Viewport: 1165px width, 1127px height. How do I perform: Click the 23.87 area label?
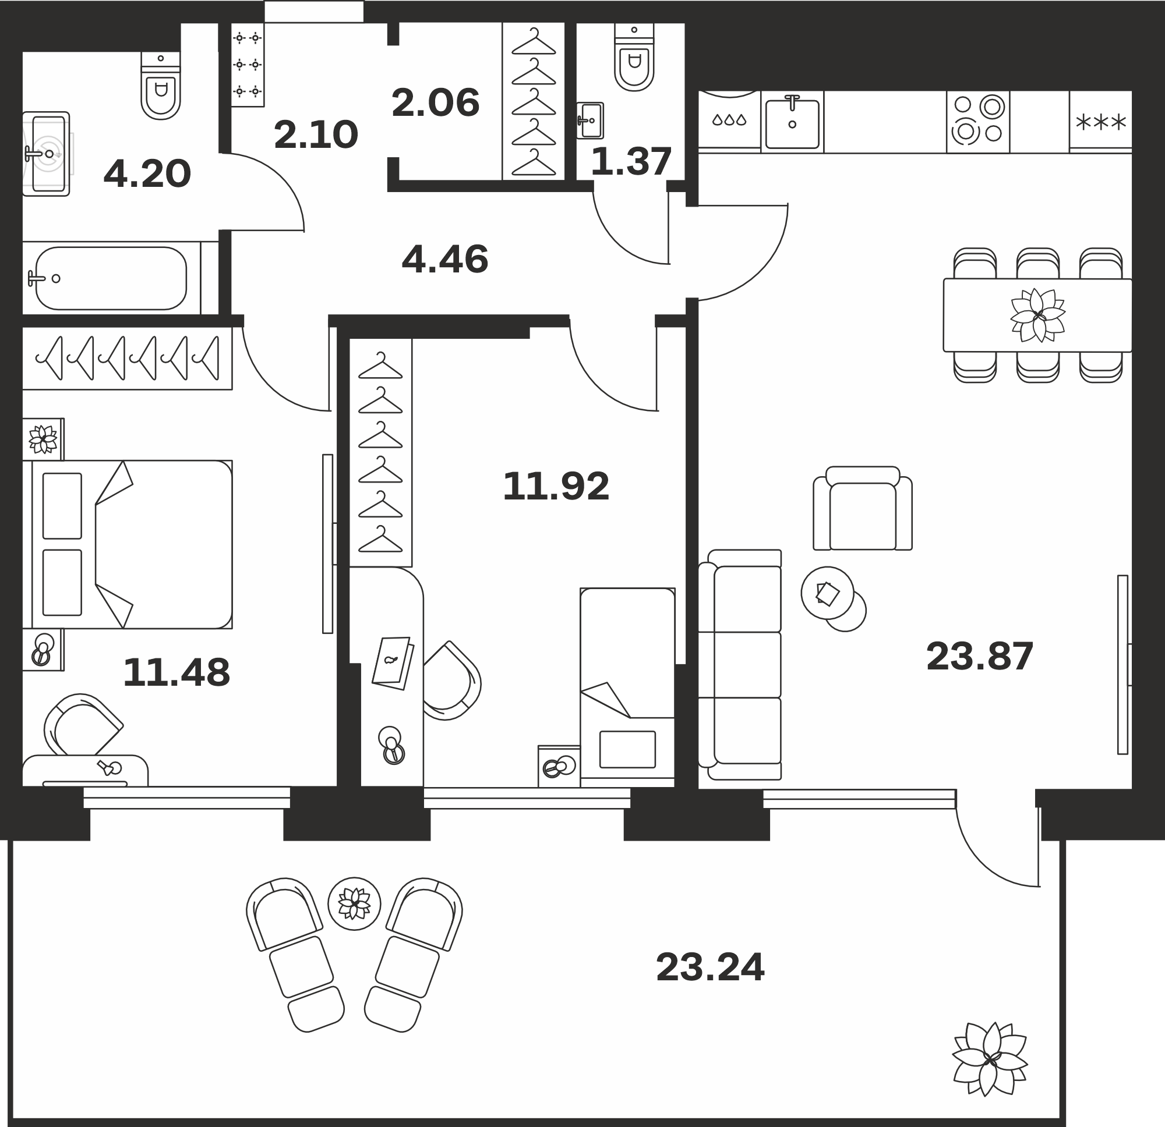pos(980,657)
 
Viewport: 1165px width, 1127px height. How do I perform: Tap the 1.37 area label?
pos(631,161)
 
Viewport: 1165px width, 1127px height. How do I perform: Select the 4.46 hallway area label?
pos(444,260)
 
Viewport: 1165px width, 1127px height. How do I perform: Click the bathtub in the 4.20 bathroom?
pos(111,278)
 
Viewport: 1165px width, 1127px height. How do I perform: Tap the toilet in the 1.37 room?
pos(634,57)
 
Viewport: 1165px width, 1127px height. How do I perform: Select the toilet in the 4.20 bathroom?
pos(161,86)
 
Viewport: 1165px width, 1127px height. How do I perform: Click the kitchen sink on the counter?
pos(792,121)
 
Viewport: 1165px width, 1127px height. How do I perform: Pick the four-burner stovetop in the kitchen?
pos(978,122)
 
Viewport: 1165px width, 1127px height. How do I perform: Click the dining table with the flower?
pos(1037,315)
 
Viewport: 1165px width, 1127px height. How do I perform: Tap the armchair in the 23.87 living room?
pos(863,509)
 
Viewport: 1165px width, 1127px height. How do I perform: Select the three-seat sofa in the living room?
pos(739,665)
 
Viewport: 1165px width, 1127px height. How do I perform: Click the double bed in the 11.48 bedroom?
pos(127,544)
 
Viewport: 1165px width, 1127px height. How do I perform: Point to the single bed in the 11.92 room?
pos(627,683)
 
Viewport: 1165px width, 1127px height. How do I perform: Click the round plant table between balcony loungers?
pos(354,903)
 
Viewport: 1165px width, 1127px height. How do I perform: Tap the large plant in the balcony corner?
pos(990,1059)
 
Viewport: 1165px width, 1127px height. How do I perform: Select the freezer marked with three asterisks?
pos(1100,122)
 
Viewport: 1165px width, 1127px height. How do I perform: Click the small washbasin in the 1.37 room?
pos(589,121)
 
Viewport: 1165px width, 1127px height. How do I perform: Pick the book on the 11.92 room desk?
pos(393,663)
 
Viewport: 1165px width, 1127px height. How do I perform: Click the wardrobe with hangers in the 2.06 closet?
pos(533,102)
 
